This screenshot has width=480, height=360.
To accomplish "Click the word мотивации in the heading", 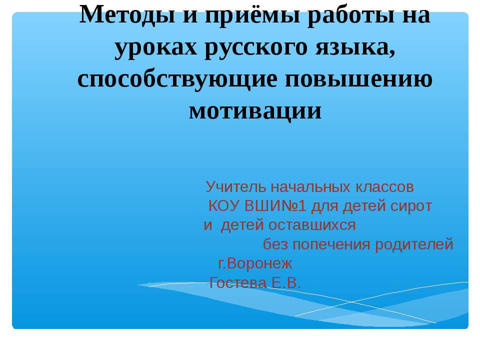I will [255, 110].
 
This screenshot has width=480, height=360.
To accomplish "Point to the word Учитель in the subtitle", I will [236, 187].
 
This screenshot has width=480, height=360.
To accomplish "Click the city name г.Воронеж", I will [254, 263].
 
